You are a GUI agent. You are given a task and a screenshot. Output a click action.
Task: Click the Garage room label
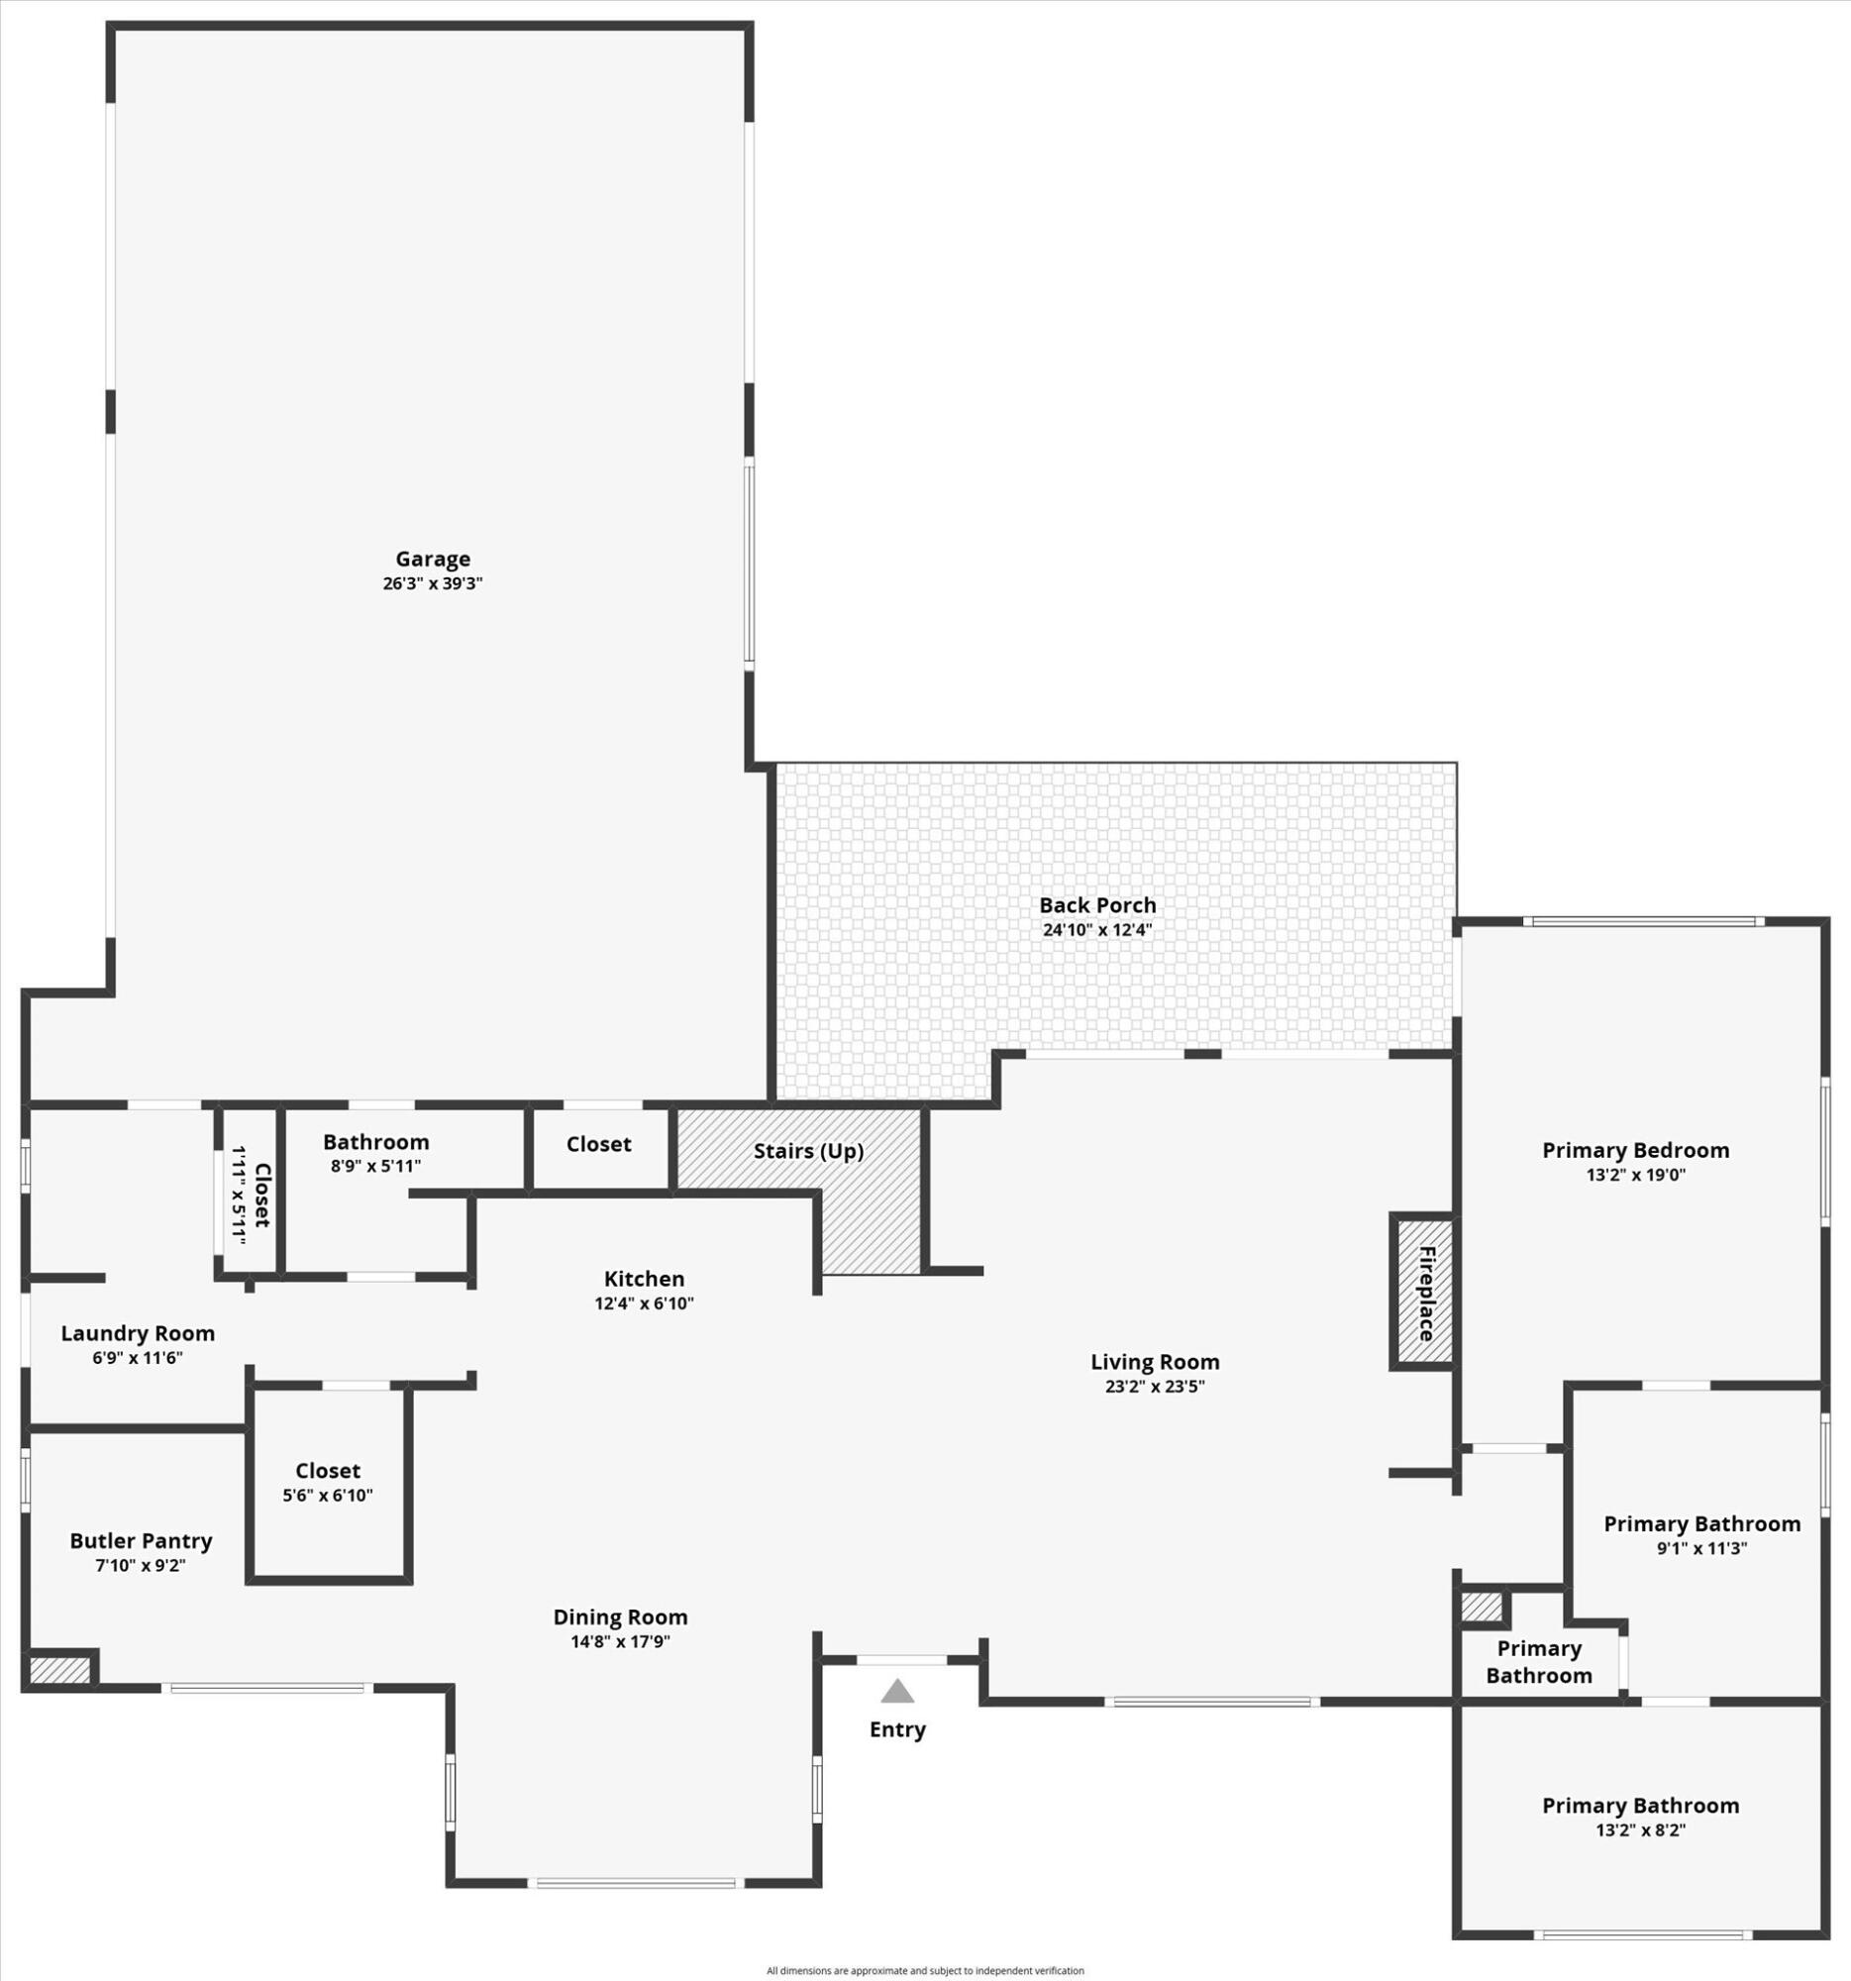point(433,559)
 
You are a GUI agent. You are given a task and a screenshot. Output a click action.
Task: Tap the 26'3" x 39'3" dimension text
point(433,584)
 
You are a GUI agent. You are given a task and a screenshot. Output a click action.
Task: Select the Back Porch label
point(1097,904)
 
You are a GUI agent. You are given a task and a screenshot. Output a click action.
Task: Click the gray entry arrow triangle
point(896,1691)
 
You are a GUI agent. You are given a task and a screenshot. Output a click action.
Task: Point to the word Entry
point(896,1729)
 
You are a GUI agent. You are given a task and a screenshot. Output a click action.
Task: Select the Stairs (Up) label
point(808,1151)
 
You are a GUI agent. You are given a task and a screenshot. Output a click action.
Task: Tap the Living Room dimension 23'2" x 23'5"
point(1155,1386)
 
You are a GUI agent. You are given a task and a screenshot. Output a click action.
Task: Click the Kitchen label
point(644,1279)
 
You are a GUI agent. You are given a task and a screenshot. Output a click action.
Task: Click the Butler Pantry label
point(141,1540)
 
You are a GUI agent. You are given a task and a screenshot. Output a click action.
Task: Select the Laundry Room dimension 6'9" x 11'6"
point(138,1358)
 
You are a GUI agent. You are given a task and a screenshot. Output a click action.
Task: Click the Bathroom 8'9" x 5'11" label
point(375,1153)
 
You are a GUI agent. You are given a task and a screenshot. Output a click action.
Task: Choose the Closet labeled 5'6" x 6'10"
point(328,1482)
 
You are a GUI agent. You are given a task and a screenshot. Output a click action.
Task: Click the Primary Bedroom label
point(1635,1150)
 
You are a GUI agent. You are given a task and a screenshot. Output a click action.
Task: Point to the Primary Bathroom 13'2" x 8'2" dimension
point(1640,1830)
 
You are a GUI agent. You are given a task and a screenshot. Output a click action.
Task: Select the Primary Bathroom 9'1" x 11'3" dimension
point(1701,1548)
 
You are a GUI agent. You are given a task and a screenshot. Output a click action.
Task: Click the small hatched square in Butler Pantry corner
point(59,1670)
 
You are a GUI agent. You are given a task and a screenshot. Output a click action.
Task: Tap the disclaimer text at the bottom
point(924,1970)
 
